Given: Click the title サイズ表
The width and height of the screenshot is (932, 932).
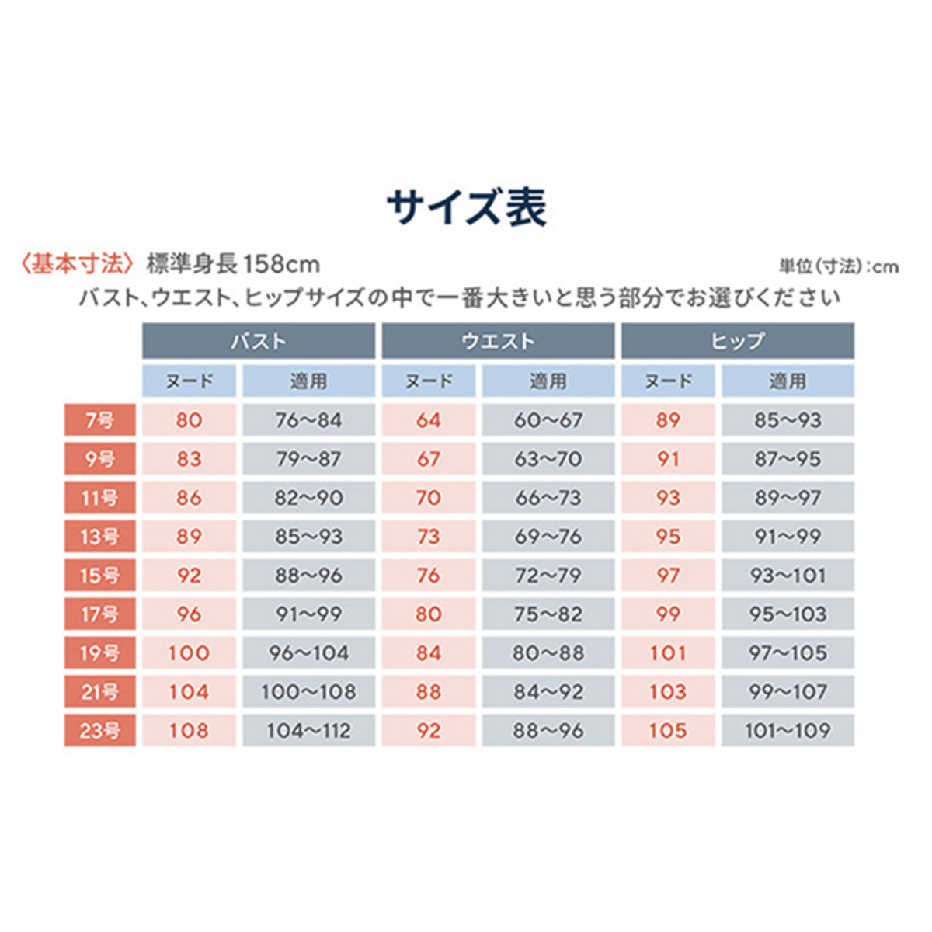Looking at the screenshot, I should (467, 207).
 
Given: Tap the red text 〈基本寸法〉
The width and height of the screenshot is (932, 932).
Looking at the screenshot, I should (77, 264).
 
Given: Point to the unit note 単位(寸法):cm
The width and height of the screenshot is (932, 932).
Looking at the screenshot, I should (839, 266).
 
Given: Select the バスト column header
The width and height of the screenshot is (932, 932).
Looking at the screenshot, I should (258, 341).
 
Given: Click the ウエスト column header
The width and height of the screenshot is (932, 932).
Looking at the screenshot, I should (498, 341).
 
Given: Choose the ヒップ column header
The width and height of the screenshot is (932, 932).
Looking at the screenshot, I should (737, 341).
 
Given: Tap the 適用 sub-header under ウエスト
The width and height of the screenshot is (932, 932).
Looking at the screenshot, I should (548, 381).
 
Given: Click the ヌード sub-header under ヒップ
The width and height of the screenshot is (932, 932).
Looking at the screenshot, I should (668, 381).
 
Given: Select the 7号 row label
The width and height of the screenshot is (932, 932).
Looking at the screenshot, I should (99, 420).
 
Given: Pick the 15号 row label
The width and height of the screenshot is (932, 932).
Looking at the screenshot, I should (99, 576).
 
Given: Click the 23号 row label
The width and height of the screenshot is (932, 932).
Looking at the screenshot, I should (99, 731).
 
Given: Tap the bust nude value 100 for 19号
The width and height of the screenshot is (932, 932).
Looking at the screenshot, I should (189, 653).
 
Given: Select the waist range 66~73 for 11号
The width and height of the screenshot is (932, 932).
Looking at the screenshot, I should (548, 498).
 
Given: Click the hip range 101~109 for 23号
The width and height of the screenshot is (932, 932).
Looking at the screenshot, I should (788, 731).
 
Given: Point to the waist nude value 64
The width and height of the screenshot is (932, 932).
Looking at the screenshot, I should (428, 420).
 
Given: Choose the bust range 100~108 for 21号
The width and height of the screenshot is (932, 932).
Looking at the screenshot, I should (308, 692).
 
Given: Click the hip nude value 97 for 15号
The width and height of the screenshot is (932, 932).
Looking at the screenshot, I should (668, 576).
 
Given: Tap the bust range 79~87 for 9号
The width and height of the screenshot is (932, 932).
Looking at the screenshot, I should (308, 459).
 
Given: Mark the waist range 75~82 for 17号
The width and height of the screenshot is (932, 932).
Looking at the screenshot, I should (548, 614).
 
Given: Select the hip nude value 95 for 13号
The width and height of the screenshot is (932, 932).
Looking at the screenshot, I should (668, 537).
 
